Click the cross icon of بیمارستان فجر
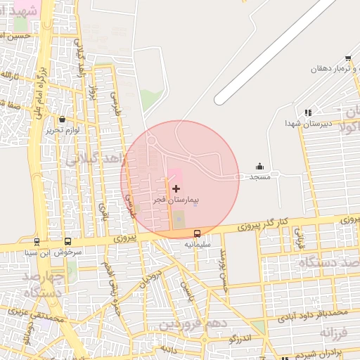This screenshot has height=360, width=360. (x=176, y=189)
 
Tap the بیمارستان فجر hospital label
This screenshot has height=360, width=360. (x=176, y=200)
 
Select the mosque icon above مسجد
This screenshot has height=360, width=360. (x=259, y=167)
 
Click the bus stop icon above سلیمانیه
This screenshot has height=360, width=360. (x=197, y=233)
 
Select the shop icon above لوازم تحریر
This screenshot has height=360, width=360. (x=63, y=120)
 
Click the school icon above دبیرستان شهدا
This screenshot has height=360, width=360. (x=307, y=112)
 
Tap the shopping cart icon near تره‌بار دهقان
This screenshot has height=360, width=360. (x=348, y=58)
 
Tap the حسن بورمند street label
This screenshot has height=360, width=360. (x=223, y=264)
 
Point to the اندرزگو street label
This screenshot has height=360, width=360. (x=240, y=339)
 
